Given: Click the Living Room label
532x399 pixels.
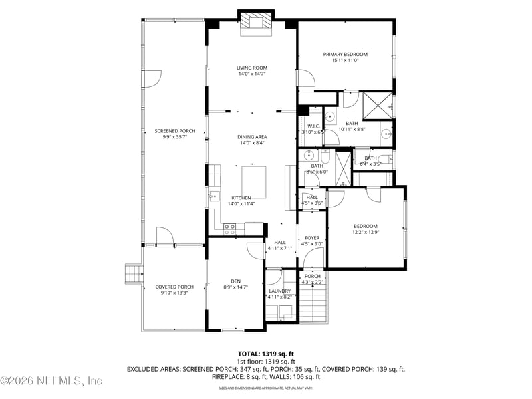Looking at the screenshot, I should point(252,68).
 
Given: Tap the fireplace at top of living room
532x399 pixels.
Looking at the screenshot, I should point(256,22).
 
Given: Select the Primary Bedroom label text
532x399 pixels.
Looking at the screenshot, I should point(345,55).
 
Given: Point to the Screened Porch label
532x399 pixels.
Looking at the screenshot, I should point(175,131).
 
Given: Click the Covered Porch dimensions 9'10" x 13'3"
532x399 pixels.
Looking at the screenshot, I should point(174,293).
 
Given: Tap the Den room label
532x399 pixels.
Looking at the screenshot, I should point(235,281).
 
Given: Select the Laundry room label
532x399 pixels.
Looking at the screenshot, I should point(279,291).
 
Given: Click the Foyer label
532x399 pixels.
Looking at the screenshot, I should point(312,237).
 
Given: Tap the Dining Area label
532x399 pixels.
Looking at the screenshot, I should point(252,137).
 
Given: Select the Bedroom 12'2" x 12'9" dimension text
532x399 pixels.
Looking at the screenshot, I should point(365,232).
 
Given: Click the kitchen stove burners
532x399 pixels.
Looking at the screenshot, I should point(230,228).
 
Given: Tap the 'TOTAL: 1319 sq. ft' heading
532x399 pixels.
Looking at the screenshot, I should point(265,354).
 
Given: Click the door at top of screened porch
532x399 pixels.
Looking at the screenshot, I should point(152,78).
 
